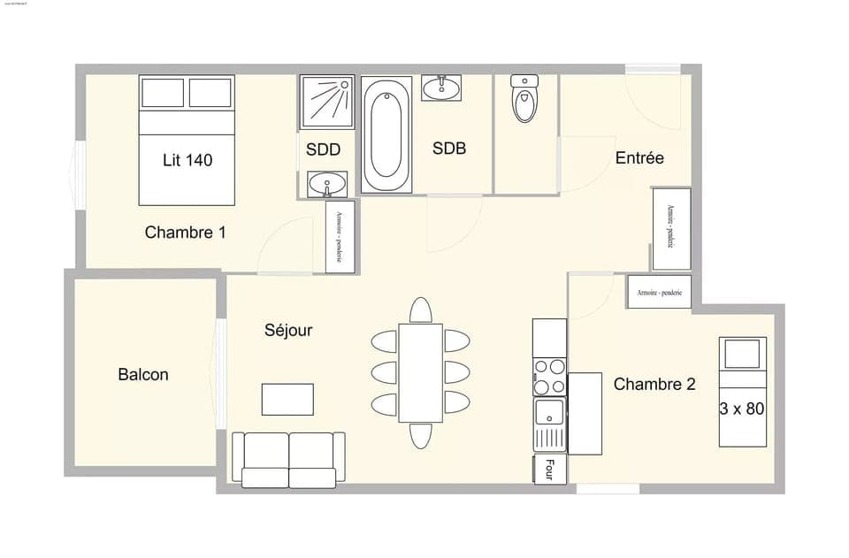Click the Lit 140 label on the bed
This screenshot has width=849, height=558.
(187, 160)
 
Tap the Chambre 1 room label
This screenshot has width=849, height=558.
(185, 233)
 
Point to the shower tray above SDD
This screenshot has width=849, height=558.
(326, 103)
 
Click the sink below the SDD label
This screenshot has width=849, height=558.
(327, 185)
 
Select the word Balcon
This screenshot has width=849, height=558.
(142, 375)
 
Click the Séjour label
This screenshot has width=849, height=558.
(288, 331)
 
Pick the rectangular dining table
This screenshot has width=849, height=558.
(420, 372)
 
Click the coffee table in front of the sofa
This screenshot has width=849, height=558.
(287, 399)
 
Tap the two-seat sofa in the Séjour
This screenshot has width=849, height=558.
(288, 458)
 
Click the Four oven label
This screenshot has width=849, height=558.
(548, 470)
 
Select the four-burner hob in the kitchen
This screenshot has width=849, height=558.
(549, 377)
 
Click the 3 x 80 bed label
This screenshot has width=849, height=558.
(741, 409)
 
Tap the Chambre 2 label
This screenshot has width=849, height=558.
(654, 385)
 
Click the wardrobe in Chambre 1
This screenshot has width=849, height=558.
(340, 237)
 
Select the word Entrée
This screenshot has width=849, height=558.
(639, 158)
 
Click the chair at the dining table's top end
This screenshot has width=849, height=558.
(421, 310)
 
